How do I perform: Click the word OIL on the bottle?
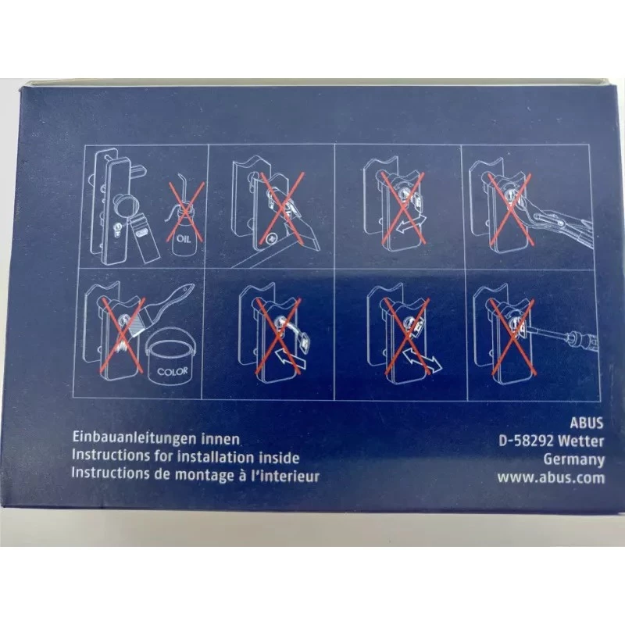coord(184,239)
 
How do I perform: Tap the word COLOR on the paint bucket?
coord(172,372)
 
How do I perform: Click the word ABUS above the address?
coord(587,423)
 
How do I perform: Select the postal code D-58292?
coord(526,441)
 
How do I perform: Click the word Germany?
coord(574,459)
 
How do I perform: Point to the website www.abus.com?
coord(551,477)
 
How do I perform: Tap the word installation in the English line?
coord(216,456)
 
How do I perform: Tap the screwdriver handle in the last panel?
coord(583,339)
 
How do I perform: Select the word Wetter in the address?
coord(581,441)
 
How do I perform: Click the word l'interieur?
coord(285,476)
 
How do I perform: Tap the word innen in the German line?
coord(220,438)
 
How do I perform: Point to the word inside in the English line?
coord(279,457)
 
